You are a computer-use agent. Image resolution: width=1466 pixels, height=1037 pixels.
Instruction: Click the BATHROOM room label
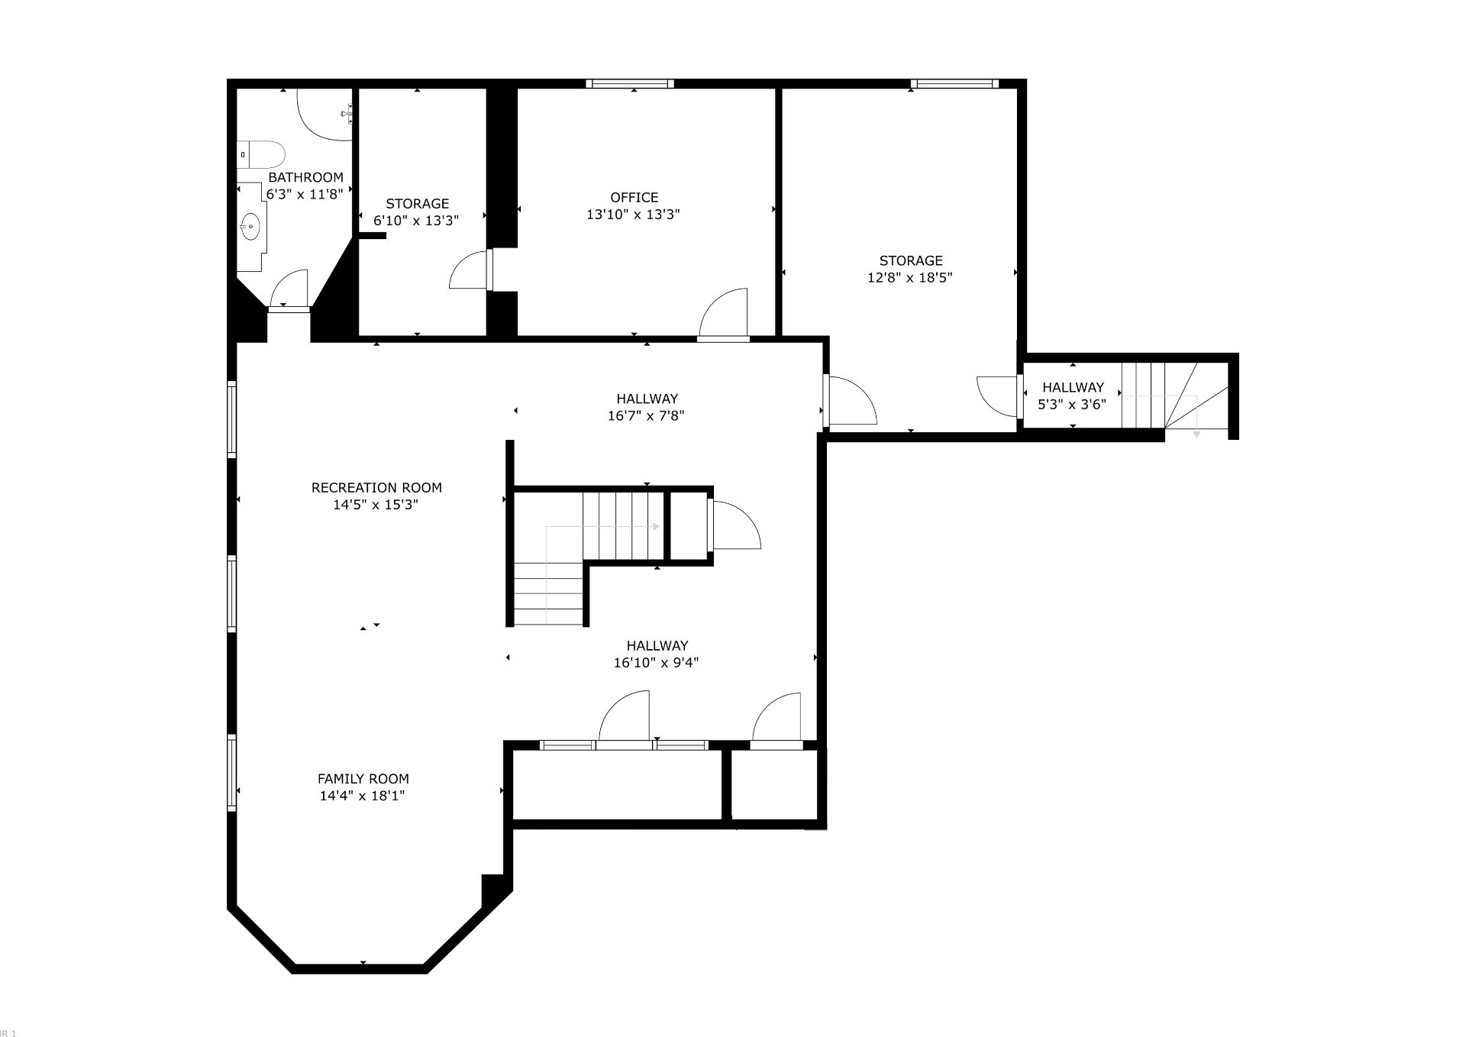click(x=305, y=177)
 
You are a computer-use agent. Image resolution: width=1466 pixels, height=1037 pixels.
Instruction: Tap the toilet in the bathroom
click(x=260, y=154)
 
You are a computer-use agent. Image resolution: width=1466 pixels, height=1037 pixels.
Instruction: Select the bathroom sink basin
click(x=250, y=226)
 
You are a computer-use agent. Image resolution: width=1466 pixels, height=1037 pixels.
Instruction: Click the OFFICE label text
click(x=634, y=197)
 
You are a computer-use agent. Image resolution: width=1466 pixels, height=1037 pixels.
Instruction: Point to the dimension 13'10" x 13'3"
click(x=633, y=215)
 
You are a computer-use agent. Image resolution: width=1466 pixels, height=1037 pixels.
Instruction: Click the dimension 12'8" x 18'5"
click(x=909, y=278)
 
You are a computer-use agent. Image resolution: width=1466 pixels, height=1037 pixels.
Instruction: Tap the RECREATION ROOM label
click(x=376, y=487)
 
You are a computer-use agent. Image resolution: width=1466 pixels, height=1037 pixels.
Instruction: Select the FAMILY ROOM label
click(x=363, y=779)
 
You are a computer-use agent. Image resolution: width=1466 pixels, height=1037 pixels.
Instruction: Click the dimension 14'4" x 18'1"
click(x=362, y=796)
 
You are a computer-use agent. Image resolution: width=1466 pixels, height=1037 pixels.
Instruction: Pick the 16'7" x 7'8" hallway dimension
click(x=646, y=416)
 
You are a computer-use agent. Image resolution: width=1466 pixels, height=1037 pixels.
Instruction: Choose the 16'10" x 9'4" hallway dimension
click(x=656, y=663)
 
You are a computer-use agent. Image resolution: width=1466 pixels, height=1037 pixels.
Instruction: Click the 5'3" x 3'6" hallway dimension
click(x=1072, y=405)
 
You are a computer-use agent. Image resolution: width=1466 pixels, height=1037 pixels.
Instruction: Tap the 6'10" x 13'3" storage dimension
click(x=416, y=221)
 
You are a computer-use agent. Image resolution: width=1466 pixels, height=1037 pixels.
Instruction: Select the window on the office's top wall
click(x=630, y=84)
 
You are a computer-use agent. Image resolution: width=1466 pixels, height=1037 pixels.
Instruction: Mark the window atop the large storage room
click(x=954, y=84)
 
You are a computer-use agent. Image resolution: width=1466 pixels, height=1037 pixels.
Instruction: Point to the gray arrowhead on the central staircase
click(x=656, y=526)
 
